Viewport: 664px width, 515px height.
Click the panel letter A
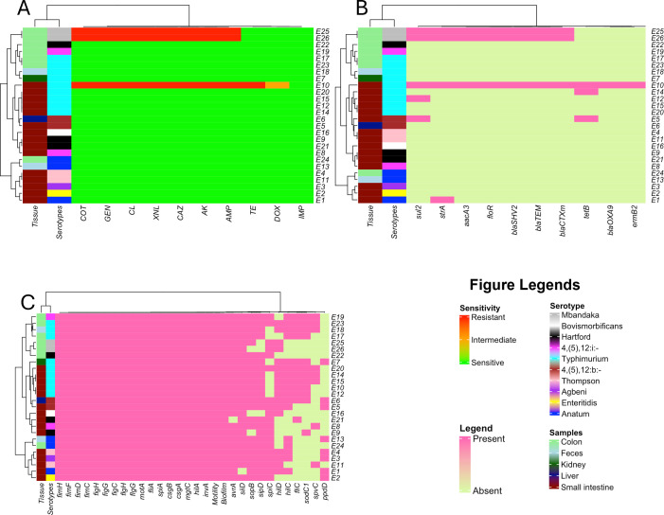(12, 9)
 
